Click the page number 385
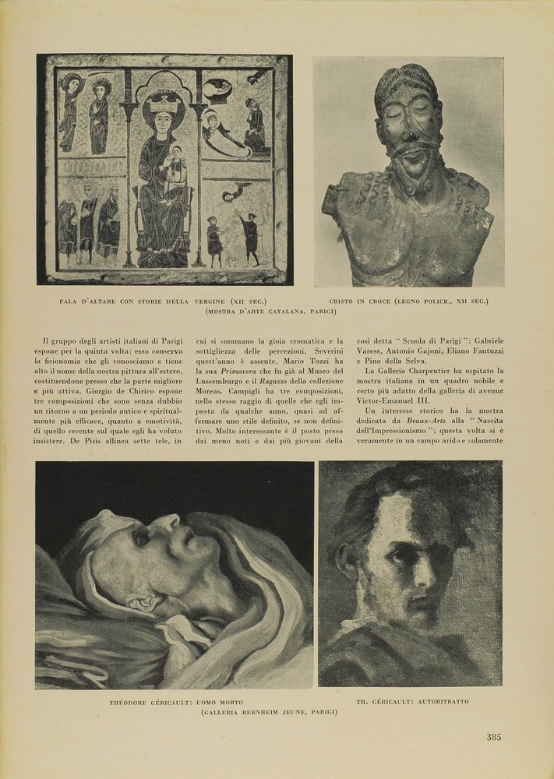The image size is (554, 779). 494,737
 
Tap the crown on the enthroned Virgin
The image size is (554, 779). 162,101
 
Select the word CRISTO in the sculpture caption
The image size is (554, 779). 343,301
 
